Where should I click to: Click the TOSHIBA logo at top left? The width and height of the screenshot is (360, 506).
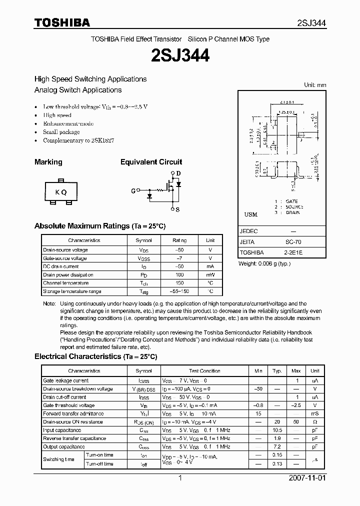[62, 22]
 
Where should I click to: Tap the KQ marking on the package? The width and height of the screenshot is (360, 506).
[60, 192]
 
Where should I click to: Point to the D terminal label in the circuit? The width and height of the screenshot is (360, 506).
[178, 173]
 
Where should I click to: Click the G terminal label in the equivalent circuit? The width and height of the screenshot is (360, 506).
[133, 190]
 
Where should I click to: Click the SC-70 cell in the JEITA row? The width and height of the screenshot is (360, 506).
[293, 241]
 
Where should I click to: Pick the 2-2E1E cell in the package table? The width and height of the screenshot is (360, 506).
[293, 252]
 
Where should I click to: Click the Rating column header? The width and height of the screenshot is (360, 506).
[179, 240]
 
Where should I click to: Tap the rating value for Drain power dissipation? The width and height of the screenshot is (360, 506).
[179, 274]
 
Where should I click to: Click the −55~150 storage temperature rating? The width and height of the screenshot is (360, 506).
[179, 291]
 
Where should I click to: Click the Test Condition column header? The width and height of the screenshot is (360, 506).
[204, 371]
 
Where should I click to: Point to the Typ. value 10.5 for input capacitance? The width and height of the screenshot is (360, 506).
[277, 430]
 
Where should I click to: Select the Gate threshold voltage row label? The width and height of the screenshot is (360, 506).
[68, 405]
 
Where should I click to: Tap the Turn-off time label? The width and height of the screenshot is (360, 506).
[99, 463]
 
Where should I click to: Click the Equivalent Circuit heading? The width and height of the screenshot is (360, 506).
[151, 162]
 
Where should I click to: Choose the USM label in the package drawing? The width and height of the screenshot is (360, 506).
[250, 214]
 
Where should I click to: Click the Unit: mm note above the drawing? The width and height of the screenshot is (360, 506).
[315, 85]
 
